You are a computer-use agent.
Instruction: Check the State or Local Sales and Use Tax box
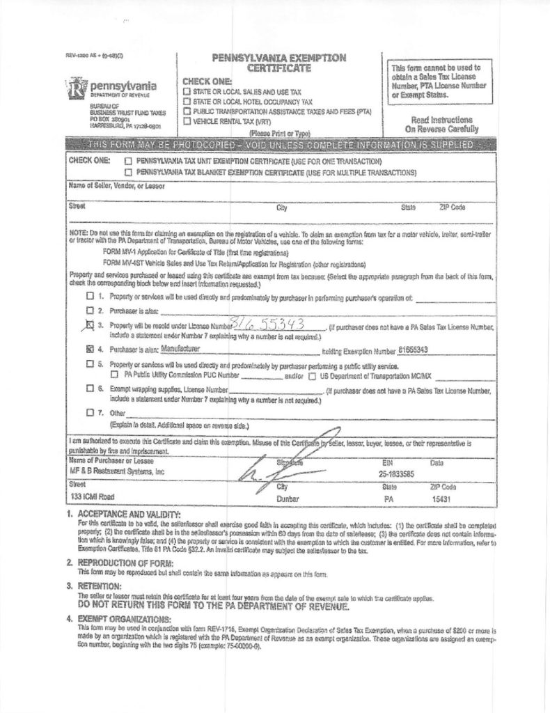[x=187, y=91]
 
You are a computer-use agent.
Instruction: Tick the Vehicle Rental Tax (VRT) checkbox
[x=187, y=121]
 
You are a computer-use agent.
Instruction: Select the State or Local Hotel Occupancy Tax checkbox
[x=187, y=101]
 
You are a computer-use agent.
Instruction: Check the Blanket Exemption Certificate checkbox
[x=127, y=171]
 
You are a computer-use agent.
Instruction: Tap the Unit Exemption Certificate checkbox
[x=127, y=161]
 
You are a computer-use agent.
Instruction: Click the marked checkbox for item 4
[x=90, y=350]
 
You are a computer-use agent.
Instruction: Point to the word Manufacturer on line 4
[x=181, y=349]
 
